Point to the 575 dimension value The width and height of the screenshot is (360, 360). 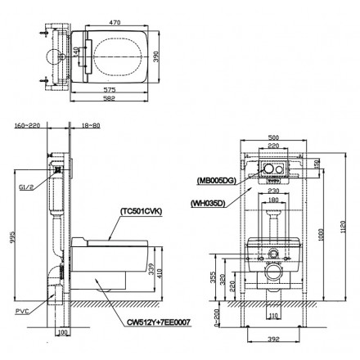tap(112, 88)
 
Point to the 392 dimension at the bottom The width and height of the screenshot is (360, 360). tap(273, 339)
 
